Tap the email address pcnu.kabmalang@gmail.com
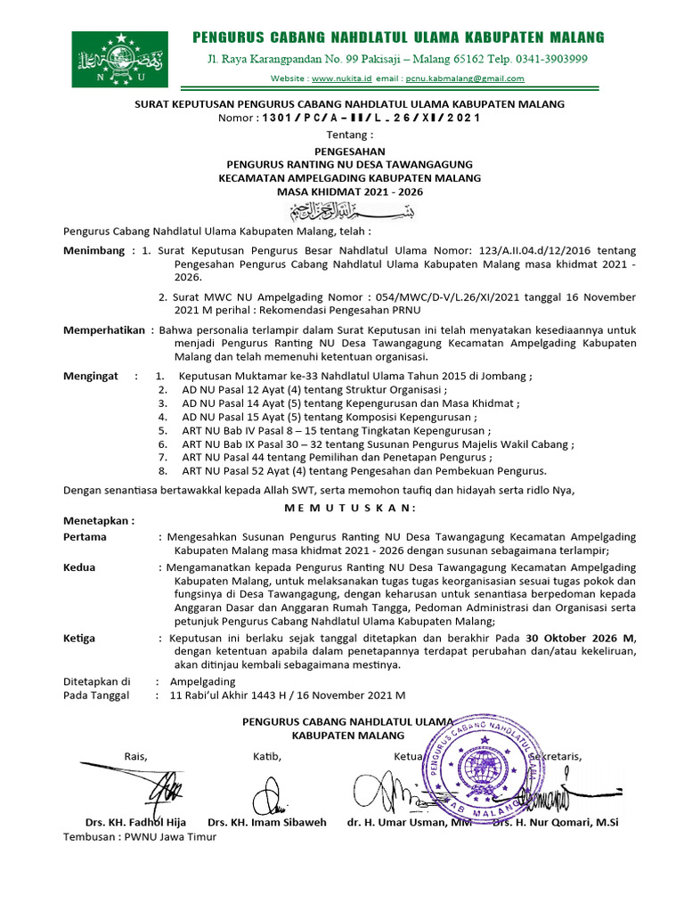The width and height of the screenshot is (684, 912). (464, 78)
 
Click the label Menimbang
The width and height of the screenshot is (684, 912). (94, 251)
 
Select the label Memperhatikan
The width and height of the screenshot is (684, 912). (103, 330)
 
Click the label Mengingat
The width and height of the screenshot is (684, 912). (90, 376)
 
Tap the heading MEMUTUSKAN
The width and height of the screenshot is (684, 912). (350, 508)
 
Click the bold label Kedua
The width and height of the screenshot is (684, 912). (79, 566)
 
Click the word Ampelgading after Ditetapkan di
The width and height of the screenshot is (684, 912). (202, 681)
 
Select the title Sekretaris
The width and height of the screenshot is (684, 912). (556, 757)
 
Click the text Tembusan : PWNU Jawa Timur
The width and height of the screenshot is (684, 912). (140, 838)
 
